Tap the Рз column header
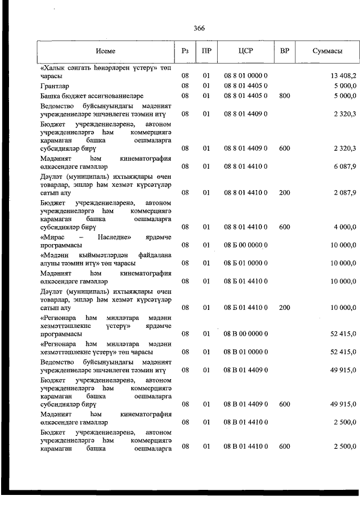tap(184, 51)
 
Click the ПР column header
tap(206, 51)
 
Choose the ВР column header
tap(285, 51)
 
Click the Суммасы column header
tap(327, 51)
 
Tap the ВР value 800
tap(285, 96)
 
